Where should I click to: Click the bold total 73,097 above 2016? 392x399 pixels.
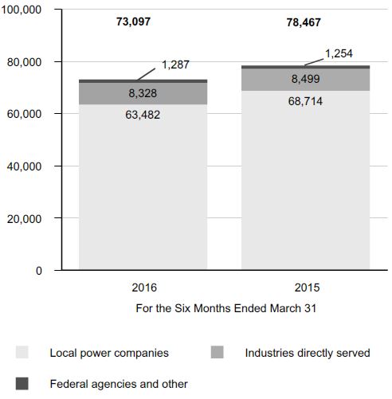pos(133,22)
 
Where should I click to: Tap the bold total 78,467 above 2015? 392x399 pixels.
pos(304,22)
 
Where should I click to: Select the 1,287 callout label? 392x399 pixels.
pos(175,65)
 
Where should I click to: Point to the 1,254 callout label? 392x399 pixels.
pos(339,53)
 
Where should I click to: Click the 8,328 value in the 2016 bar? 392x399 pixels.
pos(143,93)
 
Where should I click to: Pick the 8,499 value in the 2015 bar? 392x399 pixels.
pos(305,79)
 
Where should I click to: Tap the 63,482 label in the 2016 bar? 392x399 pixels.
pos(143,115)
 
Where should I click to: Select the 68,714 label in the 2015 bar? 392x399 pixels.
pos(305,101)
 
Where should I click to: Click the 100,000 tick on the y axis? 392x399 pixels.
pos(22,10)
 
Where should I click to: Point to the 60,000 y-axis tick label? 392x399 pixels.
pos(24,114)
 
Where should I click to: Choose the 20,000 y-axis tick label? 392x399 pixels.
pos(24,219)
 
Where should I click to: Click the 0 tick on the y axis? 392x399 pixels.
pos(39,271)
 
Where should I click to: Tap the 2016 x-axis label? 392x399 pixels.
pos(144,288)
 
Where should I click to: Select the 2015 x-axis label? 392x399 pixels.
pos(307,288)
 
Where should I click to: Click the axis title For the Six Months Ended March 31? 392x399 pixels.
pos(226,308)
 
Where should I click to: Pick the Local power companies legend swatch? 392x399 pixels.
pos(22,352)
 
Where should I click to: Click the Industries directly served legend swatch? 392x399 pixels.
pos(218,352)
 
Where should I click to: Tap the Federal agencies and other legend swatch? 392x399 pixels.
pos(22,384)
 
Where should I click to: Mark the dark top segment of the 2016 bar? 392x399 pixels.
pos(143,81)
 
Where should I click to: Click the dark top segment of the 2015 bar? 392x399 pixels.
pos(305,67)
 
